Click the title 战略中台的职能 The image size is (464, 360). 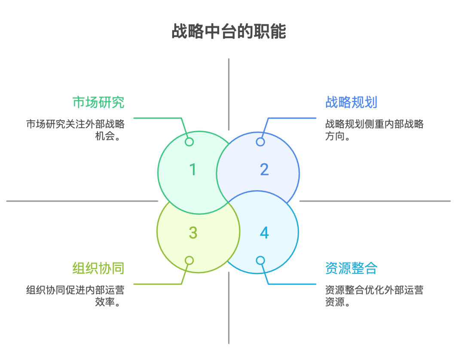pyautogui.click(x=229, y=32)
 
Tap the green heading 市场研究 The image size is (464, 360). pyautogui.click(x=98, y=102)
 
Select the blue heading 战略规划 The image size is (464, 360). pyautogui.click(x=351, y=102)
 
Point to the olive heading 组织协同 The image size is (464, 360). pyautogui.click(x=98, y=268)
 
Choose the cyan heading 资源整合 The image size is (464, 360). pyautogui.click(x=351, y=268)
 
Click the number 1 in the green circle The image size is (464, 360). pyautogui.click(x=193, y=169)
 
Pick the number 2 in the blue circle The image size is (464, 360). pyautogui.click(x=264, y=169)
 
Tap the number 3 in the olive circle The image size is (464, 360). pyautogui.click(x=193, y=233)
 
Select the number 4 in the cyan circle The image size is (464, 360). pyautogui.click(x=264, y=233)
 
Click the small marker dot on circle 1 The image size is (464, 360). pyautogui.click(x=189, y=142)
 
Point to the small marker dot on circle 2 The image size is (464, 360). pyautogui.click(x=260, y=142)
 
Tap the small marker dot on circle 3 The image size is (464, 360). pyautogui.click(x=189, y=260)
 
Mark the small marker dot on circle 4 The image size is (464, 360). pyautogui.click(x=260, y=260)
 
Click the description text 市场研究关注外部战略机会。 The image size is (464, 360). pyautogui.click(x=75, y=130)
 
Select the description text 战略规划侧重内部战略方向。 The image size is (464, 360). pyautogui.click(x=374, y=130)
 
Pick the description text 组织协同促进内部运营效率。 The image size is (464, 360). pyautogui.click(x=75, y=296)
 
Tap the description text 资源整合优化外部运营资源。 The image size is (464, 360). pyautogui.click(x=374, y=296)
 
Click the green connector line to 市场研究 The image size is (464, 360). pyautogui.click(x=157, y=118)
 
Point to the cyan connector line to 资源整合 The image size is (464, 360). pyautogui.click(x=292, y=284)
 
